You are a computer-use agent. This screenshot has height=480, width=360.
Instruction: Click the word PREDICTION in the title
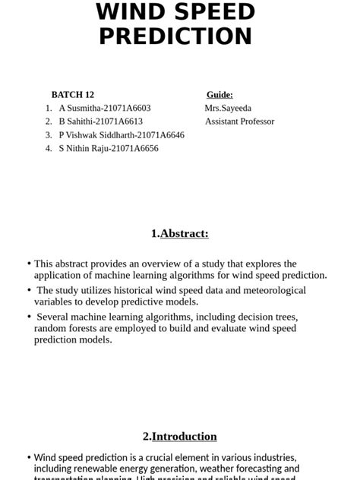point(175,36)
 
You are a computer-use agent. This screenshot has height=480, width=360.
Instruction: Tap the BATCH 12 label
point(73,95)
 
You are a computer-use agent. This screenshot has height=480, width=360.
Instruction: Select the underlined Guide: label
point(219,95)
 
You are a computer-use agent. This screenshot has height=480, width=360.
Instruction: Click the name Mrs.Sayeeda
point(228,108)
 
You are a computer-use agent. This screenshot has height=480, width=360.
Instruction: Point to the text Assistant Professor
point(239,122)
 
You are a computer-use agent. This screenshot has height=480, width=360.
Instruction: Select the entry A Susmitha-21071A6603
point(104,108)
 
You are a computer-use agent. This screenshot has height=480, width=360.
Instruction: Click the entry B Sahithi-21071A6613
point(100,122)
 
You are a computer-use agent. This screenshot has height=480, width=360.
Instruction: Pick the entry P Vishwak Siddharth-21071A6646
point(122,135)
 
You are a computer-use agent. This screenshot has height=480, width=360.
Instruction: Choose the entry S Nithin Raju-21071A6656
point(109,149)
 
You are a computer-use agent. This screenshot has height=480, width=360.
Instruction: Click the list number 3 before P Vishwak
point(49,135)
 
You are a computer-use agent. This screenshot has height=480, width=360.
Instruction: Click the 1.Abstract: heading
point(179,234)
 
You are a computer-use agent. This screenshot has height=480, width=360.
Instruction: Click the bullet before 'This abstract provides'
point(29,264)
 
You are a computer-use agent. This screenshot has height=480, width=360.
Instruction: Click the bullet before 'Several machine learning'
point(29,317)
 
